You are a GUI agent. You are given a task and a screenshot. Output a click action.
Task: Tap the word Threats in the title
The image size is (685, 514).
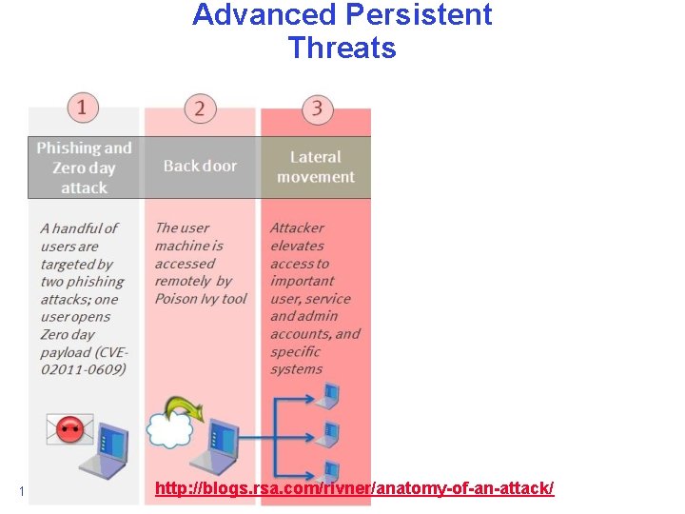coord(342,48)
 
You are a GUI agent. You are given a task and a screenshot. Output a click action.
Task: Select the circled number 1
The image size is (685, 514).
coord(82,107)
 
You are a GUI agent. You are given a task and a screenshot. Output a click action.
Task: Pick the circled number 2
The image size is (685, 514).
coord(199,108)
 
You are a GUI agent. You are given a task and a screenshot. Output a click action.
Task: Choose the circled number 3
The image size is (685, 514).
coord(317,109)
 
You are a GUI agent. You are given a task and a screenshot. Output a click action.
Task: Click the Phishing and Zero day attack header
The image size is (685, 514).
coord(84,168)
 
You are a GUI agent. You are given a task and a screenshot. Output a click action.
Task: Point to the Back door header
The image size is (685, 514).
coord(200,166)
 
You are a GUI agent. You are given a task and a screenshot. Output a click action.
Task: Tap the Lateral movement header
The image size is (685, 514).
coord(316,167)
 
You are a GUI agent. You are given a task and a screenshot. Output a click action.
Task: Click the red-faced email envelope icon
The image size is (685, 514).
coord(69,429)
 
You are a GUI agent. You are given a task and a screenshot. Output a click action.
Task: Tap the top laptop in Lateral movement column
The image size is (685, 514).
coord(328,393)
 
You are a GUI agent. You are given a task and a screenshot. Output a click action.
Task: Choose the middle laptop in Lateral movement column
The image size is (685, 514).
coord(328,432)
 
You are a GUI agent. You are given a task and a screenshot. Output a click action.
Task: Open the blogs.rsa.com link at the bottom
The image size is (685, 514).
coord(354,488)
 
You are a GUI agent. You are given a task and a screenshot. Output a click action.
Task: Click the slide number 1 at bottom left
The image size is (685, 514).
coord(21,491)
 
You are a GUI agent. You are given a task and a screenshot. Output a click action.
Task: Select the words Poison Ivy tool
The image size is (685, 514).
coord(201,299)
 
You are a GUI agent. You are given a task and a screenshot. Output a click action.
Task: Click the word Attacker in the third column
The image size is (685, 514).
coord(297,228)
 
